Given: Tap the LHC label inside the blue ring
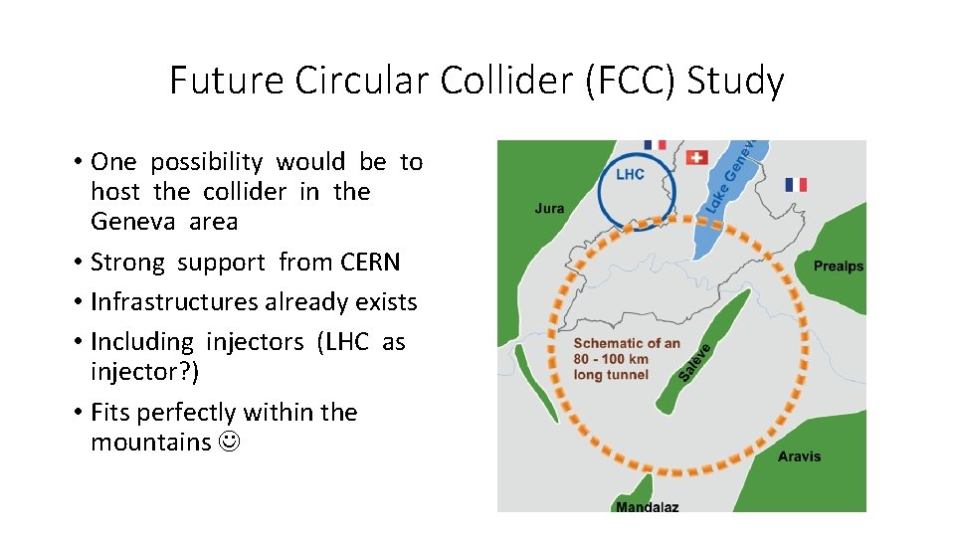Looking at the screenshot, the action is tap(630, 174).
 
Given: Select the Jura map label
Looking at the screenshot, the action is tap(549, 208).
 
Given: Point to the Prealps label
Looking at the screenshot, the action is tap(839, 267).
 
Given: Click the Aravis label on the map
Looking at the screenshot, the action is tap(800, 456).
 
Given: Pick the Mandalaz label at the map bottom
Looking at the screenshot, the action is tap(648, 506).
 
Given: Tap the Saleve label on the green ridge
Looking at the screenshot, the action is tap(695, 361).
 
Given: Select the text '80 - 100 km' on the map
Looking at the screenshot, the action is tap(611, 359).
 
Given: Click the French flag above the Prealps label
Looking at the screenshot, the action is tap(796, 184).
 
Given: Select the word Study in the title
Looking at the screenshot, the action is tap(737, 81).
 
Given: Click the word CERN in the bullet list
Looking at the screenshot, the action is tap(369, 263).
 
